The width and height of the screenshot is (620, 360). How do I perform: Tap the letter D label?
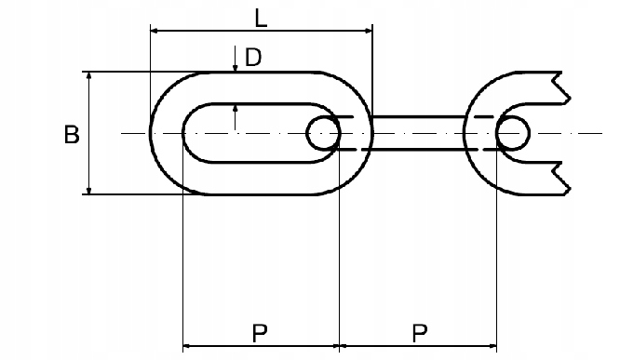click(x=252, y=58)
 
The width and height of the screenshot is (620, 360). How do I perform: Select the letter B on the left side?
click(x=72, y=135)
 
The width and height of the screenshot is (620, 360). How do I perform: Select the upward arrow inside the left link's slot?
click(x=235, y=112)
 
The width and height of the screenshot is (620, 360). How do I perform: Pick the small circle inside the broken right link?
click(x=513, y=133)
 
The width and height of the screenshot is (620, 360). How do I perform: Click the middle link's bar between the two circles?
click(x=419, y=133)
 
